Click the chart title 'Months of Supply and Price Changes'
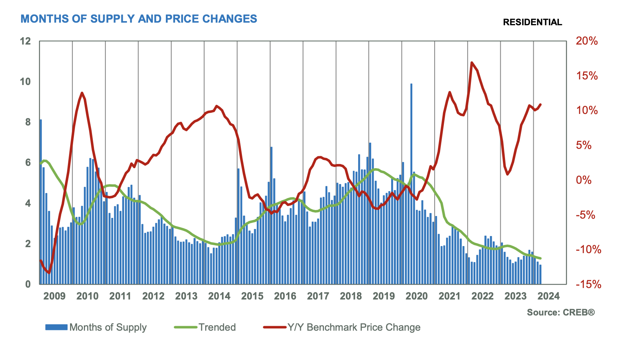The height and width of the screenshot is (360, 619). [139, 19]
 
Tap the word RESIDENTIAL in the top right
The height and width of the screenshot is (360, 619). [532, 22]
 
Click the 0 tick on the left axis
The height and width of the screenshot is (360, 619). [28, 284]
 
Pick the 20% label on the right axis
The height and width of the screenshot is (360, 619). [587, 41]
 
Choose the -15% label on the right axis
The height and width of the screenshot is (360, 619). [588, 284]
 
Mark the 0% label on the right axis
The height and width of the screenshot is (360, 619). [584, 180]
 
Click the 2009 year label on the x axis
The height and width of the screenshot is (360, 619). [55, 296]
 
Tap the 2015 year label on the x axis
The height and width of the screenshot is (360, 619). [252, 296]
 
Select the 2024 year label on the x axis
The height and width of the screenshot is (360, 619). [549, 296]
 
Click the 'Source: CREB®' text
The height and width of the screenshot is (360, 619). [561, 312]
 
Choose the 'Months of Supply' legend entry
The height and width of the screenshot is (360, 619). [108, 327]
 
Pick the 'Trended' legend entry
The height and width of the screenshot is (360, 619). [217, 327]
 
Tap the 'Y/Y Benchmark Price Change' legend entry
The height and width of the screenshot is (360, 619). [354, 327]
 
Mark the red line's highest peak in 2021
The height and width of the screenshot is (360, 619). [472, 63]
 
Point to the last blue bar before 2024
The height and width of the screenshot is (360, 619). [540, 274]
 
